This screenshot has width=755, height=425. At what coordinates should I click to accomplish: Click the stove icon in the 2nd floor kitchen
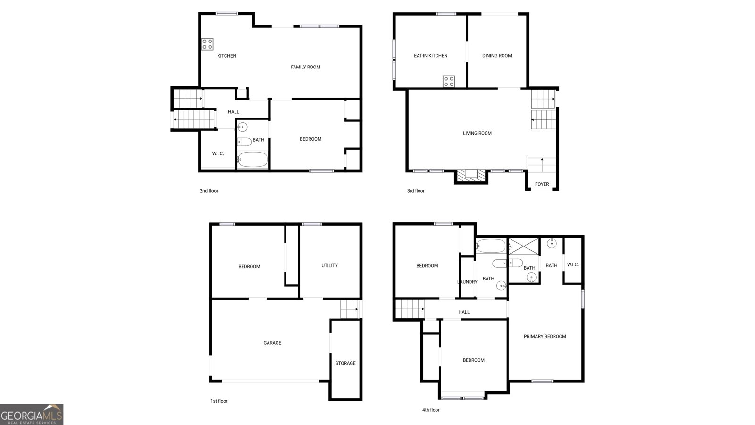(x=207, y=44)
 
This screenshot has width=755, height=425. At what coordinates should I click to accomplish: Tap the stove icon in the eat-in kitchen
(x=449, y=81)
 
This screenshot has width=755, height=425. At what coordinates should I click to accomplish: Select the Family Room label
(x=305, y=67)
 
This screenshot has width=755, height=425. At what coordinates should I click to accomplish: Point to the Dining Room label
(x=497, y=56)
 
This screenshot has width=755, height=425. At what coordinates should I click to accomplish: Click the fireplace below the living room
(x=471, y=177)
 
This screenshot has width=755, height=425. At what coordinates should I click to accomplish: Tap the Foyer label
(x=542, y=184)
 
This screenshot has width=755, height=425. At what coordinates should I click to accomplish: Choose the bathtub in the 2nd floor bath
(x=252, y=160)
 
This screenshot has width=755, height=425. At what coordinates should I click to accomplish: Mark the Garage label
(x=272, y=343)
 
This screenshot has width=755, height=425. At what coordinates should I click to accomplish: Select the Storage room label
(x=345, y=363)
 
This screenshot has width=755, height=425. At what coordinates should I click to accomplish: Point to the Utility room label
(x=330, y=266)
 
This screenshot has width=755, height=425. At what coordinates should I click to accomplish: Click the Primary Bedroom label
(x=545, y=337)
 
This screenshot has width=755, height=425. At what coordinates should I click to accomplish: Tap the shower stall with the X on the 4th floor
(x=523, y=246)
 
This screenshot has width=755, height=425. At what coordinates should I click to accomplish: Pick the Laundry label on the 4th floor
(x=467, y=282)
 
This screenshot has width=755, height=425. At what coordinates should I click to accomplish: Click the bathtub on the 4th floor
(x=491, y=246)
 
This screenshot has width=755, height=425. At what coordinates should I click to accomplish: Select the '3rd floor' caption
(x=416, y=191)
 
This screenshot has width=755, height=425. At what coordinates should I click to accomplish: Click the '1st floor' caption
(x=219, y=401)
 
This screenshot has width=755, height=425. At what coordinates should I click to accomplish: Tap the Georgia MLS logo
(x=32, y=415)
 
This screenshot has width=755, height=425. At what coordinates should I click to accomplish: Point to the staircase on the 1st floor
(x=350, y=309)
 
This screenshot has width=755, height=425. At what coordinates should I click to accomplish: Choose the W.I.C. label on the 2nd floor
(x=218, y=154)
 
